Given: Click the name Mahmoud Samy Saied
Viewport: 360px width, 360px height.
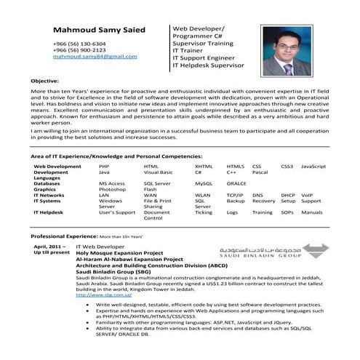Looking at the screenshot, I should coord(99,31).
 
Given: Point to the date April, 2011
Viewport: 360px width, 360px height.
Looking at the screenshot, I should coord(45,247).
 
